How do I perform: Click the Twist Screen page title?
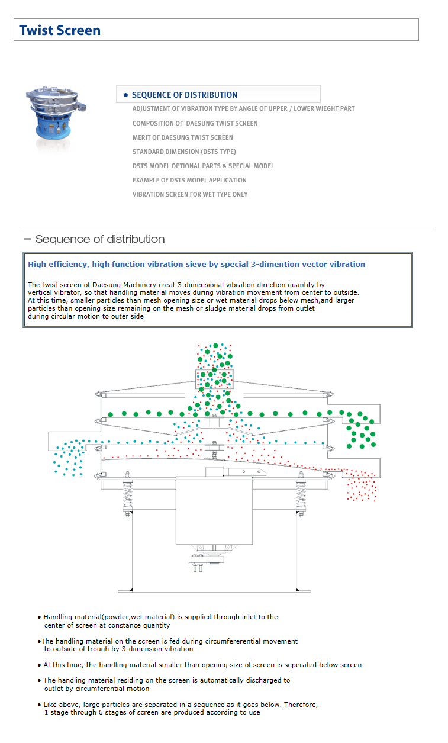coord(60,30)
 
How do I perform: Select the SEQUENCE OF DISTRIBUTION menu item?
coord(184,95)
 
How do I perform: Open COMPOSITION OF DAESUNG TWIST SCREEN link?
coord(195,123)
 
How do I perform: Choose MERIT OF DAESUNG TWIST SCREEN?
coord(182,137)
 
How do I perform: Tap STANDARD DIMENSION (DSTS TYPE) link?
coord(184,152)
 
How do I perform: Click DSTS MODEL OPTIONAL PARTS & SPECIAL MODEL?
coord(203,166)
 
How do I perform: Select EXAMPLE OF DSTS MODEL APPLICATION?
coord(189,180)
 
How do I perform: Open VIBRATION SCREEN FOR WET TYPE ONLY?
coord(190,194)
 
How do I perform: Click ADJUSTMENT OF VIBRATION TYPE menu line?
coord(243,109)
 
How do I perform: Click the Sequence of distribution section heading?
coord(99,239)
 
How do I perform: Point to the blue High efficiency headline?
coord(196,265)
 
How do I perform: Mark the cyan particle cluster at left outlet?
coord(69,457)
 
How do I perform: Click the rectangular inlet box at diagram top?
coord(215,379)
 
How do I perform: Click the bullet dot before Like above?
coord(39,705)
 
